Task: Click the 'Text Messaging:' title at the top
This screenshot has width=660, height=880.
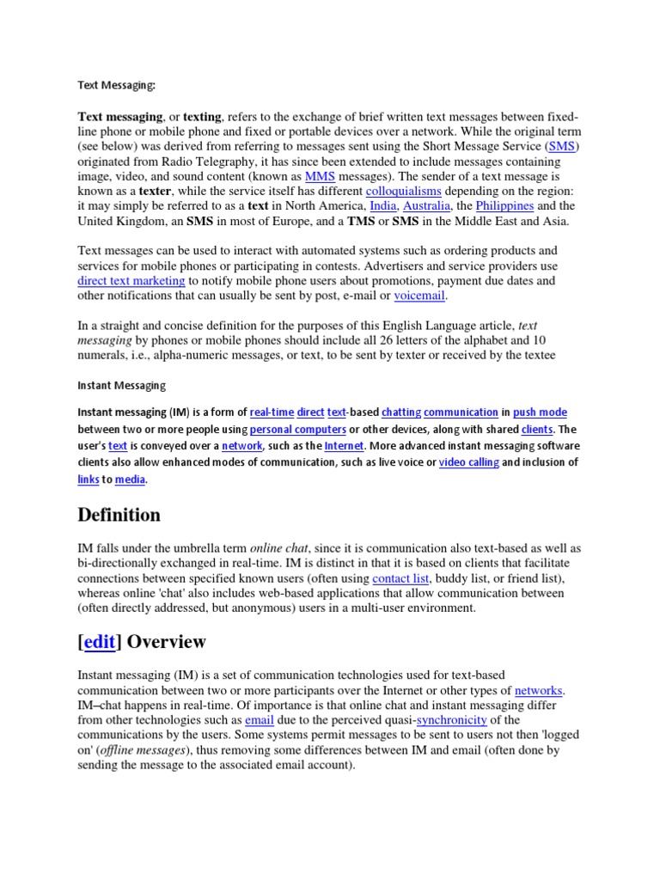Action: point(116,85)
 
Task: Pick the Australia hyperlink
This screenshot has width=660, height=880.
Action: point(427,206)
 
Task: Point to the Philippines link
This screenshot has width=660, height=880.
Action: point(504,206)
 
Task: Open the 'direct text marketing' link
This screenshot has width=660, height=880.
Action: point(131,280)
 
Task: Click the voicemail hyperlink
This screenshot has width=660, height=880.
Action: point(420,296)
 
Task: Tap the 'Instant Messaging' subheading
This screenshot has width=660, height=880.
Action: point(122,386)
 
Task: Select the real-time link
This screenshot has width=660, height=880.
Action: point(271,412)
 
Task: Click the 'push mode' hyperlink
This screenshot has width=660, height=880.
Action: point(540,412)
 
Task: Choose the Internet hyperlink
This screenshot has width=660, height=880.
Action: point(345,446)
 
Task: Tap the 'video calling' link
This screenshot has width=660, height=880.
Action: point(468,462)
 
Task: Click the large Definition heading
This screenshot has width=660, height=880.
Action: point(119,515)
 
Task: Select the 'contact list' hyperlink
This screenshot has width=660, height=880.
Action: point(401,578)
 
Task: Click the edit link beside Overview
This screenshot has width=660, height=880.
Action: point(100,642)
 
